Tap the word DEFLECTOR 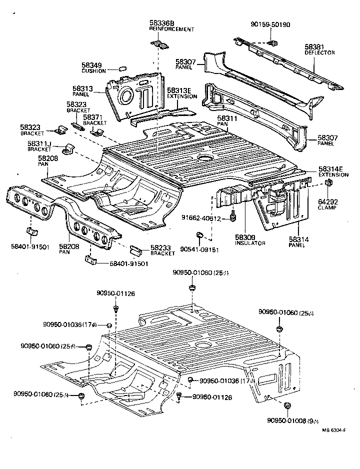[x=319, y=52]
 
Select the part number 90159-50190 [x=270, y=24]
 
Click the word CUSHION [x=93, y=71]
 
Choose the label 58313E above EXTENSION [x=178, y=90]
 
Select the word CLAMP [x=327, y=207]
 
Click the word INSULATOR [x=250, y=243]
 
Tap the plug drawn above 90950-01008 [x=287, y=405]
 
